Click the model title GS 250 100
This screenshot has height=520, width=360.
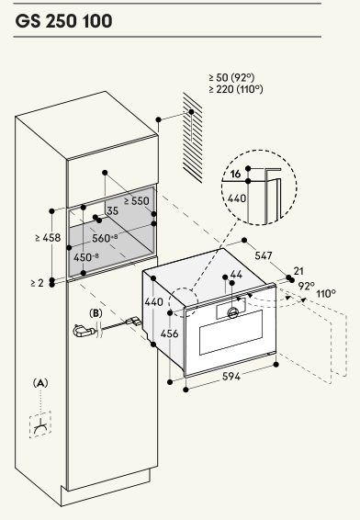pyautogui.click(x=63, y=21)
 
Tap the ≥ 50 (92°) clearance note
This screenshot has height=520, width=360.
pyautogui.click(x=231, y=77)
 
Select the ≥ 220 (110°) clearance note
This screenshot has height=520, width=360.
pyautogui.click(x=236, y=89)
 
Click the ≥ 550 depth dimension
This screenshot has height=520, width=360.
pyautogui.click(x=137, y=201)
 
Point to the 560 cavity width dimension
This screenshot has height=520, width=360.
pyautogui.click(x=105, y=238)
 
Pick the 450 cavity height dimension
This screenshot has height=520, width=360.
pyautogui.click(x=85, y=257)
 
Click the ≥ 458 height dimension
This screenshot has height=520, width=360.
pyautogui.click(x=48, y=237)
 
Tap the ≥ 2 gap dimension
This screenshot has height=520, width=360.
pyautogui.click(x=37, y=283)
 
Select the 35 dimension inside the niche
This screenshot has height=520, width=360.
pyautogui.click(x=112, y=210)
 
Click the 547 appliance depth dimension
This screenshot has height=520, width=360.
pyautogui.click(x=264, y=255)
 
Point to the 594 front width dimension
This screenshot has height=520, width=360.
pyautogui.click(x=231, y=377)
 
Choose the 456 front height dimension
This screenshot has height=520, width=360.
pyautogui.click(x=169, y=333)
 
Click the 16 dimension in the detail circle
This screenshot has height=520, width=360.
pyautogui.click(x=235, y=174)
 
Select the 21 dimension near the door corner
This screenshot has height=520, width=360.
pyautogui.click(x=298, y=271)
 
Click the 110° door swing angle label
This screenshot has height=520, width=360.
pyautogui.click(x=326, y=294)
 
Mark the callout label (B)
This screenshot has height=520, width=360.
pyautogui.click(x=96, y=313)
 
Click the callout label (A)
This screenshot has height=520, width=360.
pyautogui.click(x=40, y=383)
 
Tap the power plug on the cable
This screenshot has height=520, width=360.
pyautogui.click(x=83, y=331)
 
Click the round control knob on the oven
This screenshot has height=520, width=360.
pyautogui.click(x=233, y=312)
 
